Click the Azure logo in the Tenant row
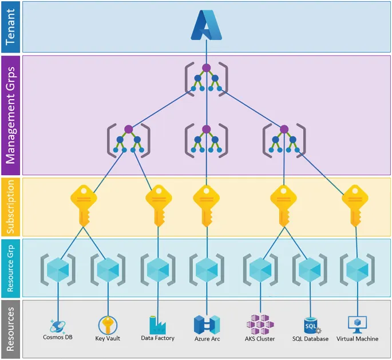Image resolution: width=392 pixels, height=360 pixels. pos(206,26)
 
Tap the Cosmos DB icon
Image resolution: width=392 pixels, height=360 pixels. pos(58,326)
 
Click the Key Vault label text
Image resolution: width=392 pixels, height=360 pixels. pos(108,339)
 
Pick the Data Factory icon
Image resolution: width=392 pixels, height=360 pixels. pos(157,325)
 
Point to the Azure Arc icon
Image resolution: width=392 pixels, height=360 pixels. pos(207,325)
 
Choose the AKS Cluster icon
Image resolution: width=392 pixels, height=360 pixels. pos(260,325)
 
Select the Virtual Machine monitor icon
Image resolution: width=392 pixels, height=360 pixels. pos(358,325)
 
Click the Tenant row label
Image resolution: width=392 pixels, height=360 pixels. pos(10,27)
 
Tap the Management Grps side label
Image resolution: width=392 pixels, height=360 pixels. pos(10,115)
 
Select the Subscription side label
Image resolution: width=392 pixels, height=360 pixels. pos(10,207)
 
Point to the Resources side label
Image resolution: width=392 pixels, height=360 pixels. pos(10,329)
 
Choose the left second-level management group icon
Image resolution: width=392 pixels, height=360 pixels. pos(128,139)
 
